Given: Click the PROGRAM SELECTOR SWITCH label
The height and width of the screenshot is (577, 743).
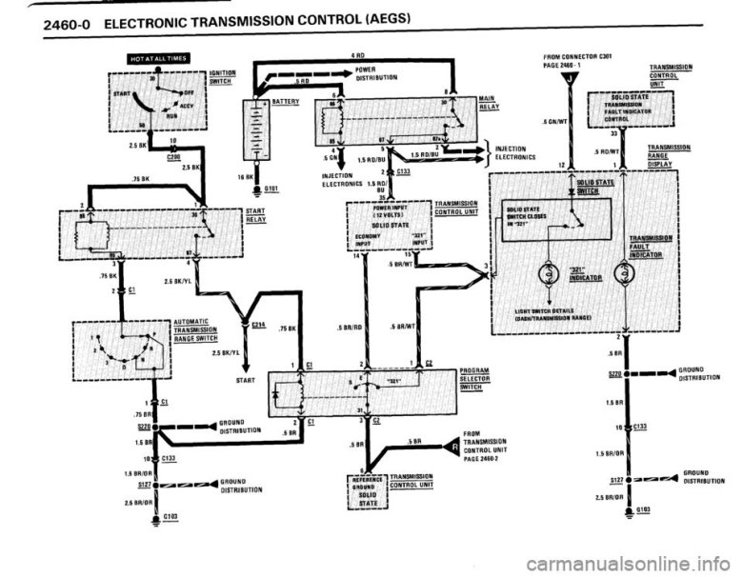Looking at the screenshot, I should [x=473, y=378].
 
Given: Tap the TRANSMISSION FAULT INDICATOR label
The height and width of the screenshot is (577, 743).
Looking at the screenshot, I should [x=648, y=247].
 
